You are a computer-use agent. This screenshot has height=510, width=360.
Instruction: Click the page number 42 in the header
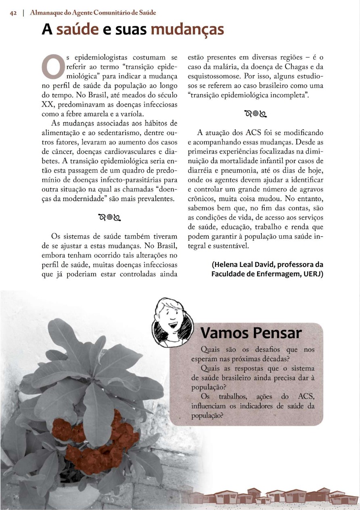(13, 13)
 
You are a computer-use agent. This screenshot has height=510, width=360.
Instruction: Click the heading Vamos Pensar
(251, 333)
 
